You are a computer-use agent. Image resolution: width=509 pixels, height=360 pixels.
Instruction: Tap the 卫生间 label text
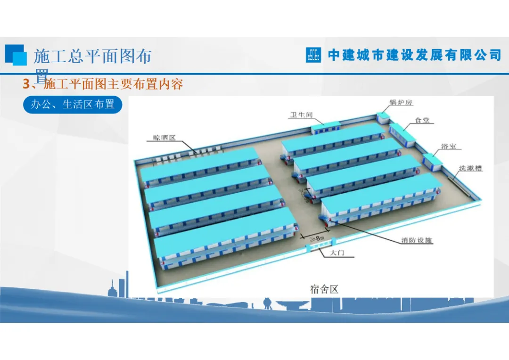click(301, 115)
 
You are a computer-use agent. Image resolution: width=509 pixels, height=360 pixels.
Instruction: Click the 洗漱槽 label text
click(471, 168)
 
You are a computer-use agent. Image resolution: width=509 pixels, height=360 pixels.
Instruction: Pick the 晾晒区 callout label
click(164, 138)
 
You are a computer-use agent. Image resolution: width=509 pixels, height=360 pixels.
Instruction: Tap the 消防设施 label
click(417, 240)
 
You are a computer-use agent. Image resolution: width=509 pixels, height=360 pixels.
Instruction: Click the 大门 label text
click(337, 254)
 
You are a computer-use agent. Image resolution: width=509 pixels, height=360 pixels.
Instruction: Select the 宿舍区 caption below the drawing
click(324, 289)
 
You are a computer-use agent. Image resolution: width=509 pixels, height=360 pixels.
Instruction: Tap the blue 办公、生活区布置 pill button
click(73, 105)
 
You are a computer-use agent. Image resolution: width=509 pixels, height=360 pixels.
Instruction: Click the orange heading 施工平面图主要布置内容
click(113, 85)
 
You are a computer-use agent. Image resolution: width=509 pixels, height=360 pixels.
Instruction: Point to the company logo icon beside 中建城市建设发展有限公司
click(313, 55)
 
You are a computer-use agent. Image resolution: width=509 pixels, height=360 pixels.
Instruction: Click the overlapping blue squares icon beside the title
click(16, 55)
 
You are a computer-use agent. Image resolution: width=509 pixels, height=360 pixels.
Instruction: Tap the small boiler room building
click(382, 117)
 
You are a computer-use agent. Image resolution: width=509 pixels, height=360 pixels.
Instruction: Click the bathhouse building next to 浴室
click(432, 162)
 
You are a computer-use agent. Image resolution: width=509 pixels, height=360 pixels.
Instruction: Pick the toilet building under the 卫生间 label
click(326, 127)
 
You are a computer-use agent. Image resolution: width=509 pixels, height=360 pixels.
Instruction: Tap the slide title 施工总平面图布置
click(92, 57)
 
